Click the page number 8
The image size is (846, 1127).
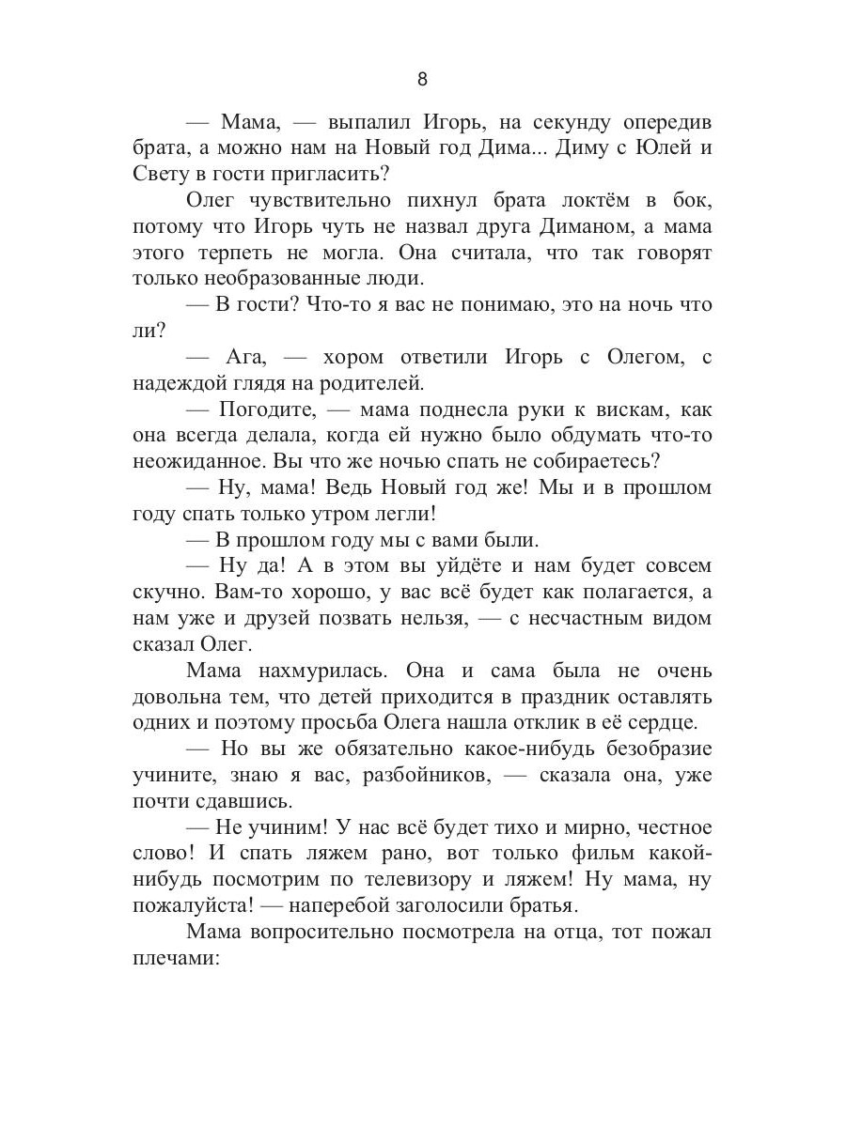pos(422,80)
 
